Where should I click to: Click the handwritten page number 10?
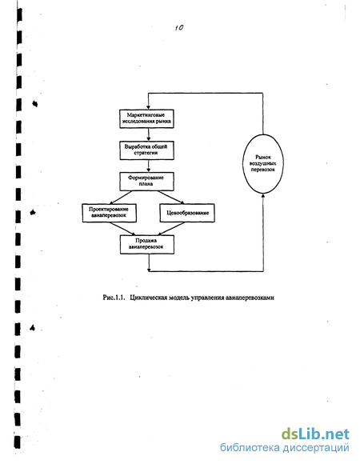(x=179, y=28)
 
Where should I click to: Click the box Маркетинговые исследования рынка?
(x=146, y=118)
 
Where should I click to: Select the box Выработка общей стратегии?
(x=146, y=150)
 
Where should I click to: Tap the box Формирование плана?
(x=146, y=182)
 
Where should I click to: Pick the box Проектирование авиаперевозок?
(x=109, y=213)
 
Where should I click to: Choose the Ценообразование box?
(x=187, y=213)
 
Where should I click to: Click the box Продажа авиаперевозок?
(x=147, y=245)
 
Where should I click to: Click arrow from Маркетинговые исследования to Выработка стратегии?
(x=149, y=134)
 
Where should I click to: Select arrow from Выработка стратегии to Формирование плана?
(x=149, y=166)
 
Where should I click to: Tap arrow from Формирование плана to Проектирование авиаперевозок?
(x=120, y=198)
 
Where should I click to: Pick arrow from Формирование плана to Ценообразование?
(x=171, y=198)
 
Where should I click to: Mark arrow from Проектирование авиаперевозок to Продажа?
(x=122, y=229)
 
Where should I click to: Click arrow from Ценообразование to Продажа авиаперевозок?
(x=171, y=229)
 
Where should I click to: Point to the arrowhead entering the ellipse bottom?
(x=263, y=196)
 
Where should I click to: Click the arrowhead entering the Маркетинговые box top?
(x=148, y=107)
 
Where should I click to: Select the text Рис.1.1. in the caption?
(x=113, y=298)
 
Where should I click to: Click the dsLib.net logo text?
(x=315, y=434)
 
